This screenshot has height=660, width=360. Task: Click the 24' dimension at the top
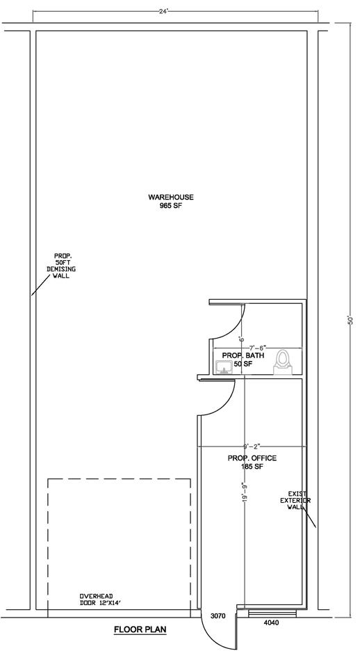(163, 11)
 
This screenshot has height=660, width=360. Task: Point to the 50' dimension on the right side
(350, 320)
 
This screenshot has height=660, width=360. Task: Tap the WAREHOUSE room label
(171, 197)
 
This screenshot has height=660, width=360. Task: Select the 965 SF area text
(171, 207)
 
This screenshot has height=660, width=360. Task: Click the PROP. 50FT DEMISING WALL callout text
(61, 266)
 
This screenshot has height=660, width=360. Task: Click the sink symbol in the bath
(224, 367)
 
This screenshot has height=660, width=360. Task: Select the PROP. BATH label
(243, 355)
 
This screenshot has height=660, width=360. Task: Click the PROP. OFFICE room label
(252, 458)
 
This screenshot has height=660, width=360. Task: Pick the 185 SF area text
(252, 467)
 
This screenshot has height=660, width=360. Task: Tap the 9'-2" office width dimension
(252, 446)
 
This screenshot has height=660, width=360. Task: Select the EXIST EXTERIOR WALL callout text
(297, 501)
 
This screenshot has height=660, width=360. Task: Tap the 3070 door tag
(218, 616)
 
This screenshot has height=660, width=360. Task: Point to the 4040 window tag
(271, 623)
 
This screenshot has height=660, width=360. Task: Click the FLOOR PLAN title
(140, 629)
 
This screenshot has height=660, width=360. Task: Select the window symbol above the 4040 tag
(272, 613)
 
